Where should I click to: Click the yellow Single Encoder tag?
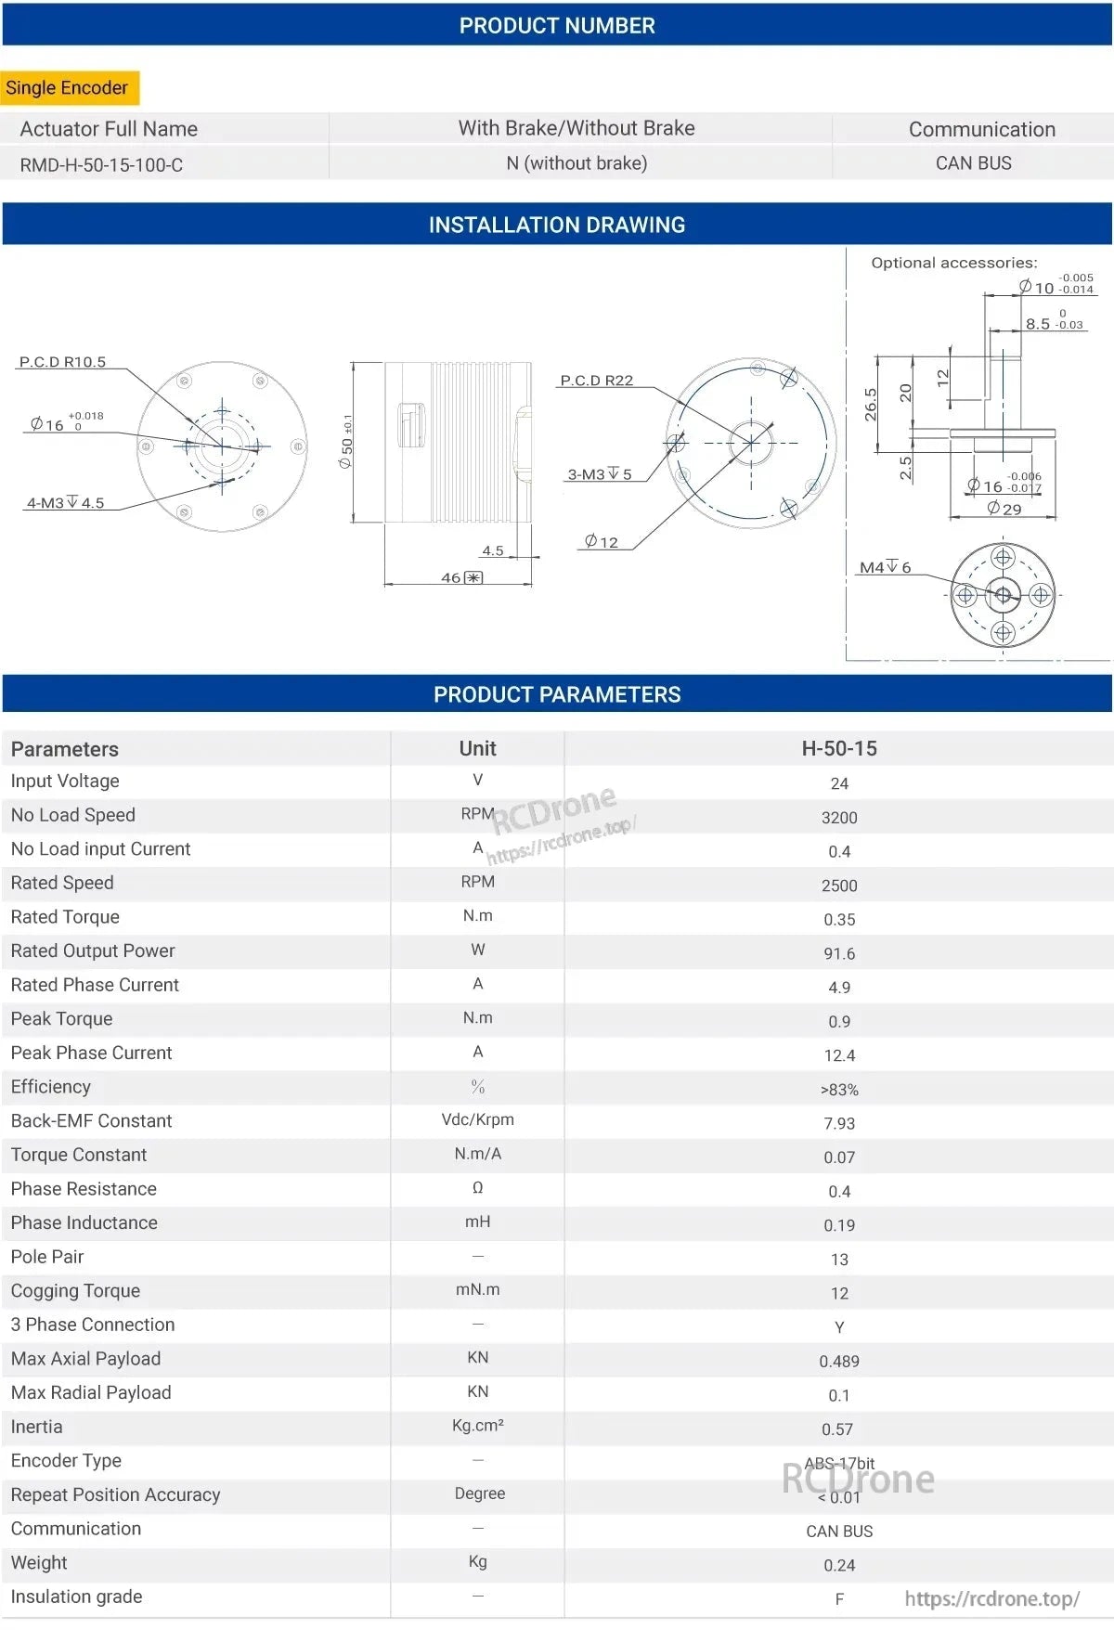68,88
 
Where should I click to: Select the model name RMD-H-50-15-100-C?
101,165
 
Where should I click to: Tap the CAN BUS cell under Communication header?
973,163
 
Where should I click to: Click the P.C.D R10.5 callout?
62,362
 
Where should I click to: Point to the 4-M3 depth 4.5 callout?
65,503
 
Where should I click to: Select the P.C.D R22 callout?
596,381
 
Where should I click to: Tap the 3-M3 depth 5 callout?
600,474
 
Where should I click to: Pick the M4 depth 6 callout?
885,567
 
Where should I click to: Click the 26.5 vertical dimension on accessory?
871,405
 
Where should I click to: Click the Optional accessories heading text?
953,263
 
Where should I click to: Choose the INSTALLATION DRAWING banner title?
557,225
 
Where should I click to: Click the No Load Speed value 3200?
839,818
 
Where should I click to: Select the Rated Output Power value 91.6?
839,953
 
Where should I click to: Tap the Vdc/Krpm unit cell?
477,1119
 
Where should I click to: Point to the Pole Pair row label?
47,1257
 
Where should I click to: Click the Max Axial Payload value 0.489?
839,1361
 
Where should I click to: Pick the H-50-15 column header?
839,748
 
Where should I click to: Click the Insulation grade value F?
839,1598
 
